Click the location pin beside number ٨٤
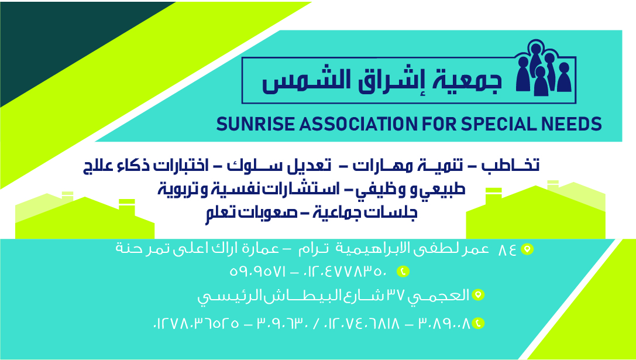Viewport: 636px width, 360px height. point(527,249)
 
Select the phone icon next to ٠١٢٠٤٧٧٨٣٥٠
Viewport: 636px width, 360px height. point(403,271)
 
